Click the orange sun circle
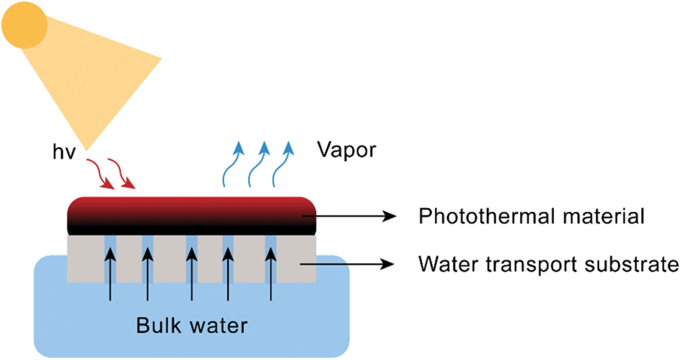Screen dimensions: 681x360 (24, 26)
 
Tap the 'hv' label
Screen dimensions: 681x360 (64, 152)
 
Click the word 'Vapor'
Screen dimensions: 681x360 (347, 150)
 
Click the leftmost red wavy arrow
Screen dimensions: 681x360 (101, 174)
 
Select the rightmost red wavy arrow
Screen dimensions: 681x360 (122, 174)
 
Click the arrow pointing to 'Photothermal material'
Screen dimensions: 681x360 (349, 216)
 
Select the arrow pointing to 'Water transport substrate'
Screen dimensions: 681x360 (347, 264)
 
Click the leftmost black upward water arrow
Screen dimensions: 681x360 (111, 273)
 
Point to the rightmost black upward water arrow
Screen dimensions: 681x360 (271, 273)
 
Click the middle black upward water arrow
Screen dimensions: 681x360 (192, 273)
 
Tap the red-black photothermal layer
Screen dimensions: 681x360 (192, 216)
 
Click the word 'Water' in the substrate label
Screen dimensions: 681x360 (449, 264)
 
